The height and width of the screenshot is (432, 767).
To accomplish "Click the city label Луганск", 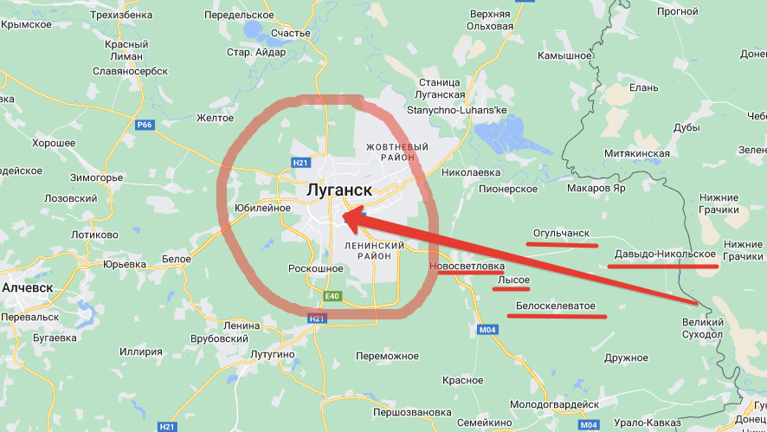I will pos(338,190).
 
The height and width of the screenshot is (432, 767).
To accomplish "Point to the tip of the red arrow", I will pos(345,216).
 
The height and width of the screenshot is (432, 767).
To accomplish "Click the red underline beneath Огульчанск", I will pos(561,244).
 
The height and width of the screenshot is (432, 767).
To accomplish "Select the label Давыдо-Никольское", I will pos(665,255).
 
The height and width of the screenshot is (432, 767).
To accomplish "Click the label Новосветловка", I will pos(466,267).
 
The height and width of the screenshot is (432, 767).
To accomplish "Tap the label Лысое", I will pos(513,280).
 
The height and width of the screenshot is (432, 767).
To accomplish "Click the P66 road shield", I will pos(144,125).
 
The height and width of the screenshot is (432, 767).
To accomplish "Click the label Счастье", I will pos(291,33).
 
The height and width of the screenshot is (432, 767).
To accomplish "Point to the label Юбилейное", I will pos(262,208).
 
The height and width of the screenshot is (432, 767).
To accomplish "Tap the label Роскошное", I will pos(315,269).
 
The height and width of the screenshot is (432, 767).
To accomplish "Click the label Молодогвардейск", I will pos(555,404).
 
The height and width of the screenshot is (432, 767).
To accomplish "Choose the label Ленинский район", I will pos(375,252).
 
